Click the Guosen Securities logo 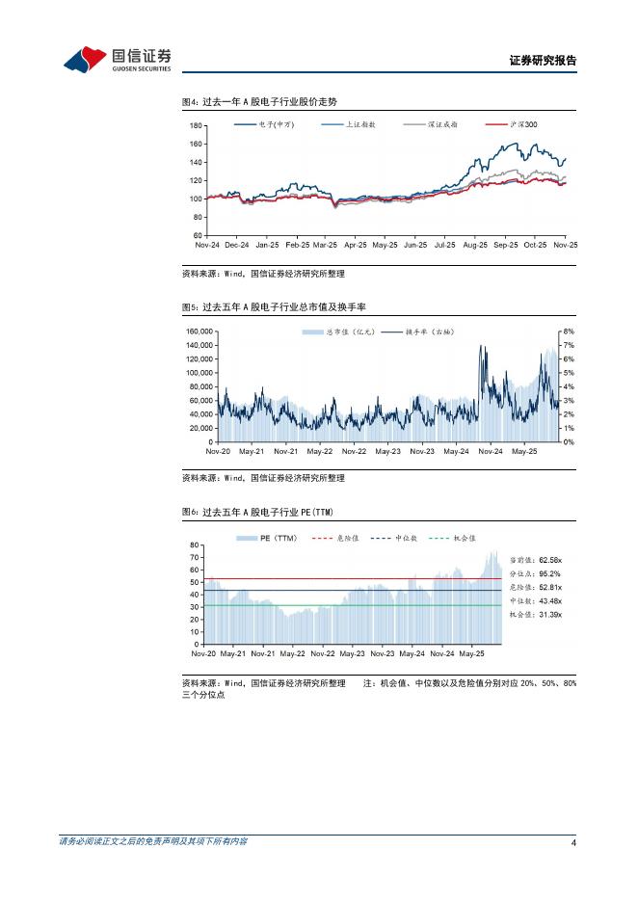click(117, 60)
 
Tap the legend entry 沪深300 click(524, 125)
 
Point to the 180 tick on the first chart click(196, 126)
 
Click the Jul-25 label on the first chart click(444, 245)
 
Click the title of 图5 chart click(279, 306)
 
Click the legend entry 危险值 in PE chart click(346, 538)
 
